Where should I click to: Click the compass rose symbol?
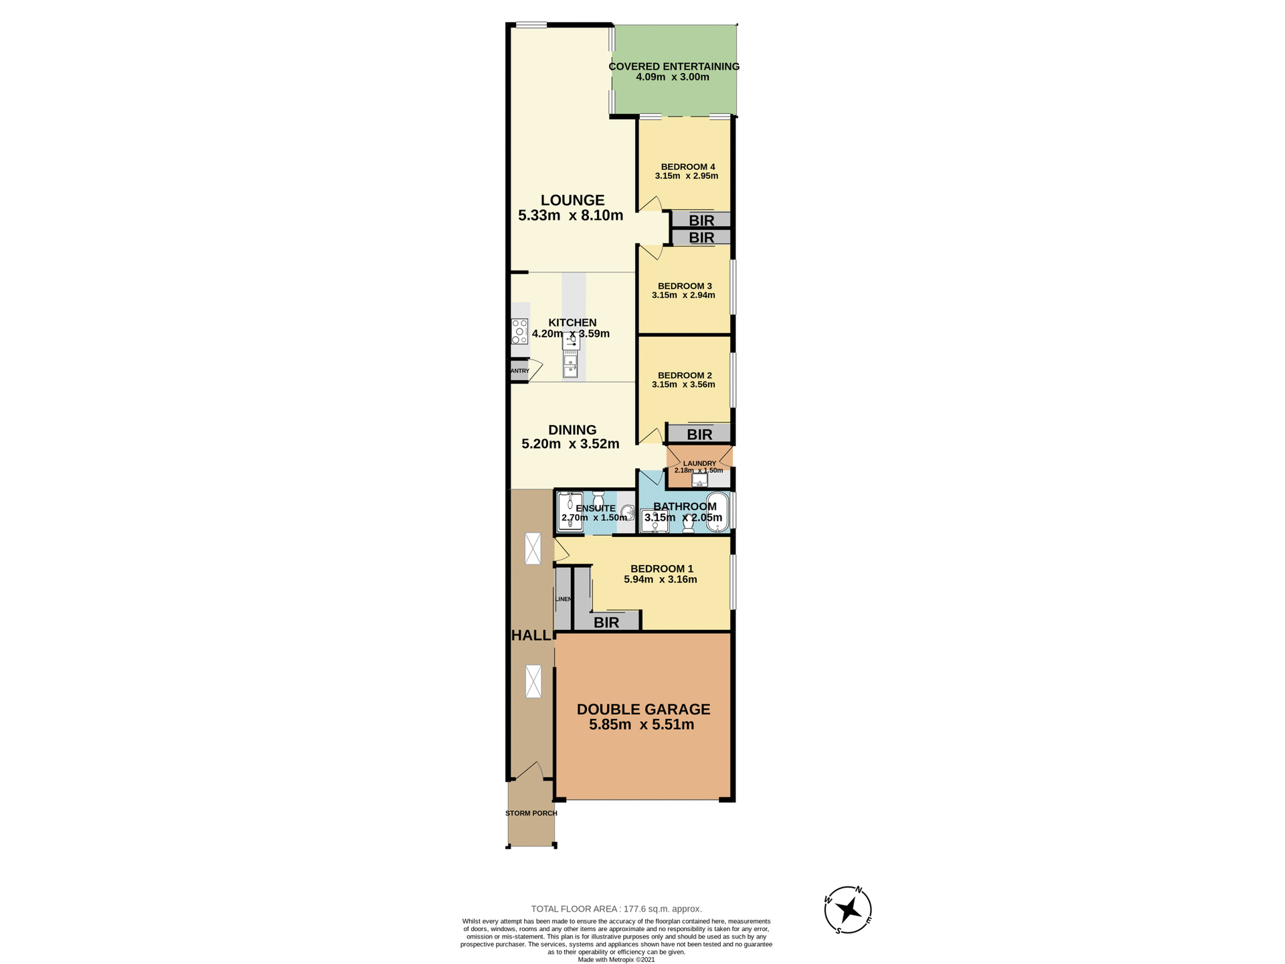(848, 910)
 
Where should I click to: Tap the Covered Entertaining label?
(673, 66)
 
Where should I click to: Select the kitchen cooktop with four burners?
(519, 331)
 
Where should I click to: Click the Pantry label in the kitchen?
(520, 371)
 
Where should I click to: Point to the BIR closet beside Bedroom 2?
(699, 434)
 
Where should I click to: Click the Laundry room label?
(699, 463)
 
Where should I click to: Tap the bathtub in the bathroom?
(717, 512)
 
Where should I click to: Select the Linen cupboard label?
(564, 599)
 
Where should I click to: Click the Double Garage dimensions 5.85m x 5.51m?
(641, 725)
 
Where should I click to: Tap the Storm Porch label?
(531, 813)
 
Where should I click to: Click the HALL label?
(531, 636)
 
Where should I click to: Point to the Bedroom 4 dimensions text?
(687, 176)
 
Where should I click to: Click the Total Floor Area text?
(616, 909)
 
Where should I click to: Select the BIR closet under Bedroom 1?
(606, 623)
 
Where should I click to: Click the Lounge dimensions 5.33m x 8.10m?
(570, 216)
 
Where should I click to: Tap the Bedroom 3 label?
(685, 286)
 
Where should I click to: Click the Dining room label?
(572, 430)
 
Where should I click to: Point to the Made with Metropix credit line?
(616, 959)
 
